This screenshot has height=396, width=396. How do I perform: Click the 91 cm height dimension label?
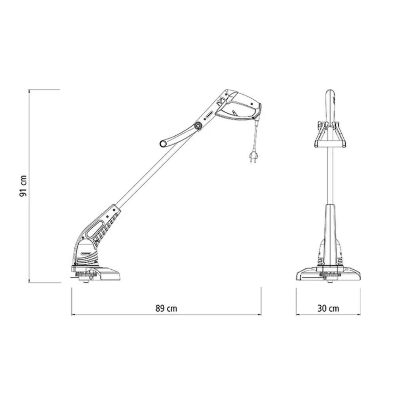coord(23,186)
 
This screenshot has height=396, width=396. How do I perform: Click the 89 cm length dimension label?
coord(166,308)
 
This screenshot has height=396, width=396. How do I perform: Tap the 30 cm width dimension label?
coord(328,308)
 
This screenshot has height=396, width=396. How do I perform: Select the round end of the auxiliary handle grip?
coord(163,144)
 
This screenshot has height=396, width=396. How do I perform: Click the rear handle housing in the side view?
coord(239,106)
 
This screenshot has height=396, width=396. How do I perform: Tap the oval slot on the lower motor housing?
coord(95,229)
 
